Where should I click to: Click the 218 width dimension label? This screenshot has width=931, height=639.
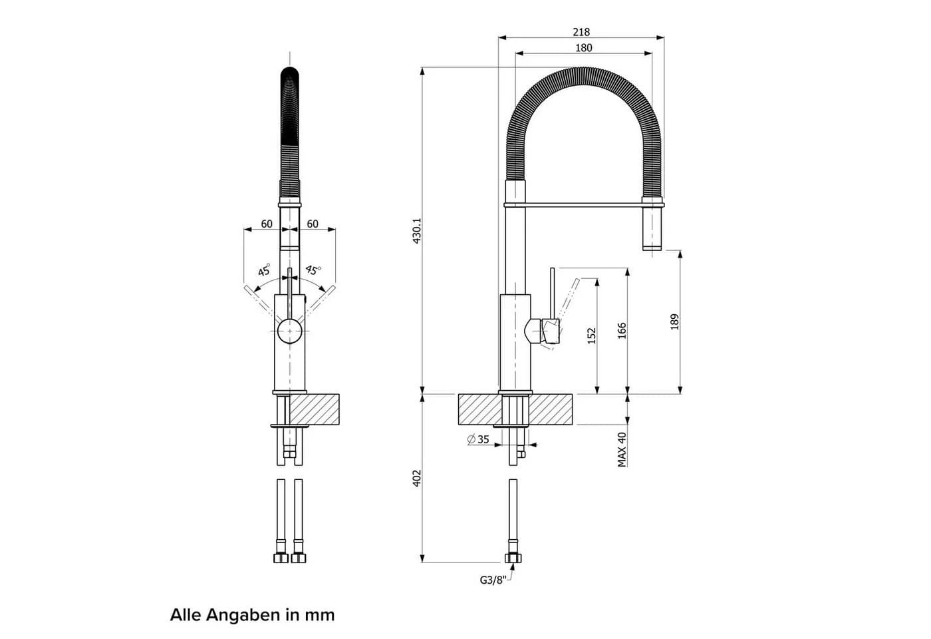pos(581,32)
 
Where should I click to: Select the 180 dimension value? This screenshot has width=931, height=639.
pos(584,48)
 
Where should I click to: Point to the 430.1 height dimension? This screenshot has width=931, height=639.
pos(417,231)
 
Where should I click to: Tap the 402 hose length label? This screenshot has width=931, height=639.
pos(417,478)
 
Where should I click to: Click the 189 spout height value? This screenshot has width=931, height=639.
pos(674,321)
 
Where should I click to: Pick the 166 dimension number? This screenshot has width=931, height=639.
pos(622,331)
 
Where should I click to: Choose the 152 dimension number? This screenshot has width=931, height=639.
pos(592,335)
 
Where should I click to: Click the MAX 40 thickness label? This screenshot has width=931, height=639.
pos(622,450)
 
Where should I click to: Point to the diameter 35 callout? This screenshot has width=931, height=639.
pos(478,439)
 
